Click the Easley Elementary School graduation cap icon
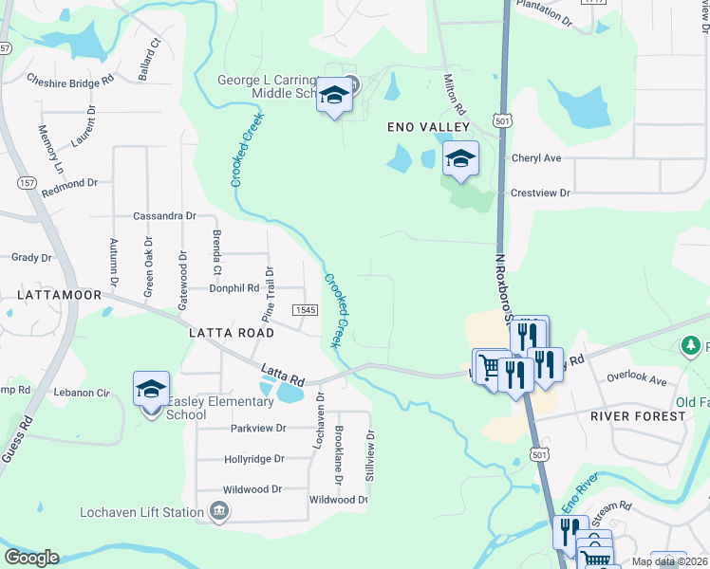pyautogui.click(x=151, y=389)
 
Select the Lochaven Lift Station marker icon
pyautogui.click(x=219, y=513)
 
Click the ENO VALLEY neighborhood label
pyautogui.click(x=428, y=126)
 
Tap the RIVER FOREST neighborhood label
pyautogui.click(x=637, y=416)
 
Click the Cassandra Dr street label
pyautogui.click(x=164, y=216)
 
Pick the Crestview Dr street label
pyautogui.click(x=540, y=193)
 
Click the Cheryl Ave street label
pyautogui.click(x=536, y=158)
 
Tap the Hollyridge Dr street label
pyautogui.click(x=254, y=459)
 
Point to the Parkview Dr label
pyautogui.click(x=258, y=429)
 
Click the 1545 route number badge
pyautogui.click(x=305, y=310)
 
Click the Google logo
pyautogui.click(x=31, y=558)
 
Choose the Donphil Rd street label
pyautogui.click(x=234, y=288)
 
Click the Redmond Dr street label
pyautogui.click(x=68, y=183)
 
